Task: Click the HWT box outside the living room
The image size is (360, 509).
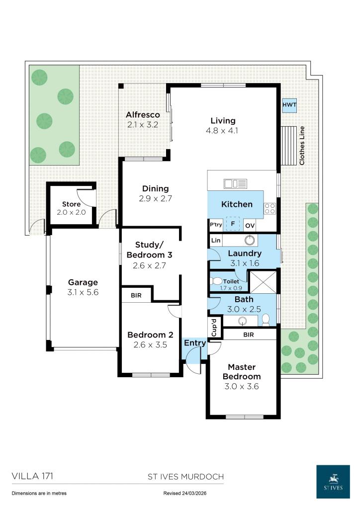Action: tap(289, 105)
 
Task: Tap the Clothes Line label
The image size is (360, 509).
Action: tap(301, 145)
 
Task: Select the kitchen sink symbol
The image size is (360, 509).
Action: tap(235, 184)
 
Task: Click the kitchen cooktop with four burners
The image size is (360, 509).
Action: tap(270, 209)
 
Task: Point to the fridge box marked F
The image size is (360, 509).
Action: tap(232, 225)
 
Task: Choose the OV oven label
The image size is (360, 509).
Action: tap(250, 226)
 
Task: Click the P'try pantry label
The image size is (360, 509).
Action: tap(216, 225)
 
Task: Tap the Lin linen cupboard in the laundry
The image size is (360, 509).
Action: tap(216, 241)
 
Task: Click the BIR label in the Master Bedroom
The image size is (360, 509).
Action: tap(249, 335)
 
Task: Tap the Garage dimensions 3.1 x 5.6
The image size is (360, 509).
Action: tap(83, 292)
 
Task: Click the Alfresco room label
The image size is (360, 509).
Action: tap(142, 115)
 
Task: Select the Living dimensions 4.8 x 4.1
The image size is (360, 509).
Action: tap(223, 131)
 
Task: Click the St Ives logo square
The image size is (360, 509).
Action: tap(333, 481)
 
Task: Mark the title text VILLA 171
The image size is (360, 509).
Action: tap(32, 476)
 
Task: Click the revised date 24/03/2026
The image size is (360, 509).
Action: tap(183, 494)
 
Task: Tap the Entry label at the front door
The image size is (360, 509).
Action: tap(194, 343)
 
